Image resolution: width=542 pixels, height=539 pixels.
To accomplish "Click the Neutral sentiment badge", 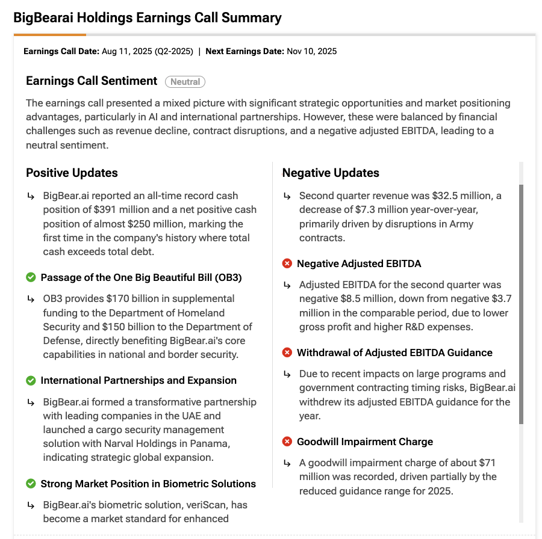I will (185, 81).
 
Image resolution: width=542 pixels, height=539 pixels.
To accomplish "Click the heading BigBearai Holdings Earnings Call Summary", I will (148, 17).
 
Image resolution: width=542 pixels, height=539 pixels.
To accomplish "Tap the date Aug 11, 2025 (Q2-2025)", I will (148, 51).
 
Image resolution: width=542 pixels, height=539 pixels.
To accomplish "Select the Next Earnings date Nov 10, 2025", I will (312, 51).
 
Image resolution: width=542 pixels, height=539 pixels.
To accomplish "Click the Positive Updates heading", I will (72, 173).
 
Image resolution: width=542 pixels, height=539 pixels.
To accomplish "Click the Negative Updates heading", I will (331, 173).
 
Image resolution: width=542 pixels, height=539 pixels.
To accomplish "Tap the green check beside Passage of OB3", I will (31, 277).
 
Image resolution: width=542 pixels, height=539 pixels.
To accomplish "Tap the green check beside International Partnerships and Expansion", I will (31, 381).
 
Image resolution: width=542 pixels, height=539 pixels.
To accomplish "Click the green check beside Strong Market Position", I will (31, 484).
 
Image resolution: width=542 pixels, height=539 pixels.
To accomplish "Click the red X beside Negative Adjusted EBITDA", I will (287, 263).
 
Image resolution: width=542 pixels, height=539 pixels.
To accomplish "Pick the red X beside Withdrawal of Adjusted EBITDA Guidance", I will (287, 353).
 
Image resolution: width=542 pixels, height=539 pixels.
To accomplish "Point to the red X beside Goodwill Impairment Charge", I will (287, 442).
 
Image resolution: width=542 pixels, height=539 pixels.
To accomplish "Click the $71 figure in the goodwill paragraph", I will (489, 463).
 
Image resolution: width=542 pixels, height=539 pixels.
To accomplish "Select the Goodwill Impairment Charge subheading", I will (365, 442).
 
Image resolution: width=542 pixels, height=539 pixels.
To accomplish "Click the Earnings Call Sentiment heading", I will (92, 81).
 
